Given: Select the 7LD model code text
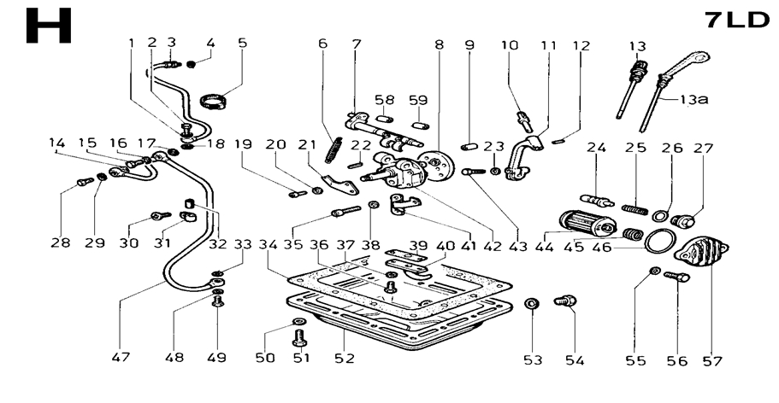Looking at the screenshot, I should [x=738, y=20].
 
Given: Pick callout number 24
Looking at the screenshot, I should [x=596, y=148].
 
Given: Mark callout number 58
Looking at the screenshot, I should [x=384, y=100].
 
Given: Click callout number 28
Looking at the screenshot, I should [x=59, y=243].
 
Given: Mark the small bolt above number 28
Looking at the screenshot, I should [x=83, y=181].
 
